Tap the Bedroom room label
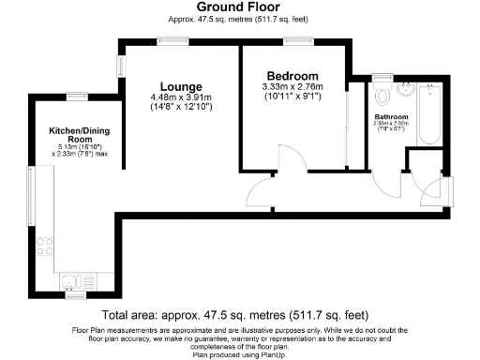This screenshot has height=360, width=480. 292,76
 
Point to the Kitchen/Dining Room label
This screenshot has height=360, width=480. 77,135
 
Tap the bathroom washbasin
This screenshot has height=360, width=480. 405,91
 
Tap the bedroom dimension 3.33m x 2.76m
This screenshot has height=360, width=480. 292,88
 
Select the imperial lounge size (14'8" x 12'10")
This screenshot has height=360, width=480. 181,107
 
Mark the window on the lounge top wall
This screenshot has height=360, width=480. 171,39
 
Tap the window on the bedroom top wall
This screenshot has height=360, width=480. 301,39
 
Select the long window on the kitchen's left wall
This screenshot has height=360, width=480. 29,201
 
